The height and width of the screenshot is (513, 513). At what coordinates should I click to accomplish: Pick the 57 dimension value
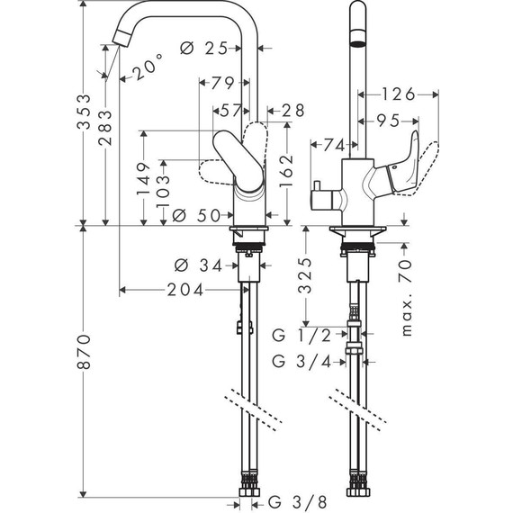pyautogui.click(x=231, y=110)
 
